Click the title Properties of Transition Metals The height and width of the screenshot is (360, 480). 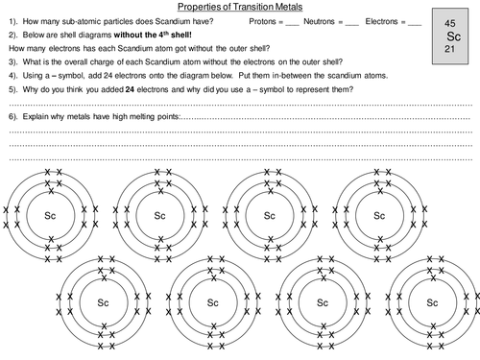pos(239,7)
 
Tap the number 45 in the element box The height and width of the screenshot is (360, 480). pos(451,20)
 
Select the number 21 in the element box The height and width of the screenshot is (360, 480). pos(451,48)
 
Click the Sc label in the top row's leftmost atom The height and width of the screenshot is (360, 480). pos(51,215)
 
